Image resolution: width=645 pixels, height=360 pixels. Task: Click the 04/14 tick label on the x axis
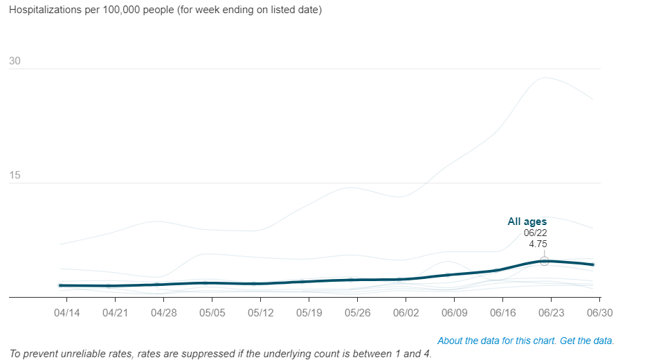[67, 313]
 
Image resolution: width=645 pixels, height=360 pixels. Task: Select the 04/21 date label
[116, 313]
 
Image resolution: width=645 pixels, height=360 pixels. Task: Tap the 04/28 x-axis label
[164, 313]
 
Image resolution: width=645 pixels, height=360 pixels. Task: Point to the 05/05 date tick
[212, 313]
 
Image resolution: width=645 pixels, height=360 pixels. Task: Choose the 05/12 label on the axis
[260, 313]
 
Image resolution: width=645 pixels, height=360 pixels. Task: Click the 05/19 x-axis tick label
[309, 313]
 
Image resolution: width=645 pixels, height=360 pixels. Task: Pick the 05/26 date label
[357, 313]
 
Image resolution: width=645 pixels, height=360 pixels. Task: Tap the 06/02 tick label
[406, 313]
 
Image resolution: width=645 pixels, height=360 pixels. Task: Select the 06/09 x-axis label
[454, 313]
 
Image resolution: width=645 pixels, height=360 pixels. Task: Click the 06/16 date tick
[502, 313]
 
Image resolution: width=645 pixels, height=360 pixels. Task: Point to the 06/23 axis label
[551, 313]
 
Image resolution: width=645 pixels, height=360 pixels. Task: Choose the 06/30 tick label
[599, 313]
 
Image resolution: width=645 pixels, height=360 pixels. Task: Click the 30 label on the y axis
[15, 62]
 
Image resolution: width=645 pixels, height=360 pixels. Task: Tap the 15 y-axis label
[15, 175]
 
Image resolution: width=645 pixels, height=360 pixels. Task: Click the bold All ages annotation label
[527, 222]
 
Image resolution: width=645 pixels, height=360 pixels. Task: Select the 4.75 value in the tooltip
[538, 244]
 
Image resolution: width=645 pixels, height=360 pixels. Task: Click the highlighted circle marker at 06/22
[545, 261]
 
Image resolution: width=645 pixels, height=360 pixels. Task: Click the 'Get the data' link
[588, 341]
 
